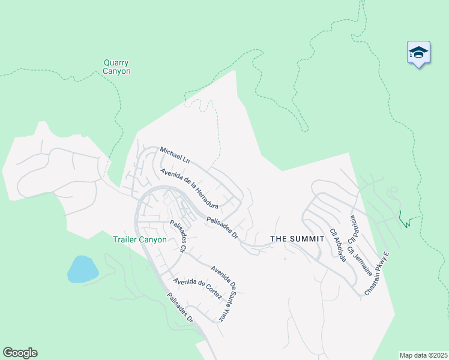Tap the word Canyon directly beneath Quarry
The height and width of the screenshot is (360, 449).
116,71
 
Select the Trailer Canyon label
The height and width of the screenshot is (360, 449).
140,239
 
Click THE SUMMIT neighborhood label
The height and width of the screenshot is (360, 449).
297,239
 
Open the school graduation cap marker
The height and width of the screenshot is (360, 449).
418,53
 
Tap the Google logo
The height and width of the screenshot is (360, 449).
20,353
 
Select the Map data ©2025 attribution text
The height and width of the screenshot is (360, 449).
423,355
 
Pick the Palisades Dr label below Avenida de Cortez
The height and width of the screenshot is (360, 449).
180,307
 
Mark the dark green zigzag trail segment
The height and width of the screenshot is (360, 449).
406,220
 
